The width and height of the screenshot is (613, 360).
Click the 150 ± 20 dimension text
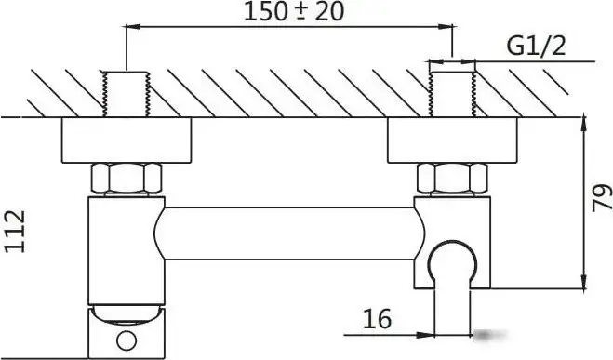click(294, 12)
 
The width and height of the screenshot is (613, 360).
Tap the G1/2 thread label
click(536, 47)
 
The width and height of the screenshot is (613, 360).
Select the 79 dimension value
click(602, 198)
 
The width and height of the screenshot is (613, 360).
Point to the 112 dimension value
click(15, 232)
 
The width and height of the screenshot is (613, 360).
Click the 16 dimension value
click(377, 319)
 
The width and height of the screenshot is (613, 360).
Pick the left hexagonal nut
click(127, 179)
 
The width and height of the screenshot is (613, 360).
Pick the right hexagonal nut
click(452, 179)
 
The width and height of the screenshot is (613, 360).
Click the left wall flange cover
click(127, 140)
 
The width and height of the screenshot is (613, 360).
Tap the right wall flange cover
click(452, 140)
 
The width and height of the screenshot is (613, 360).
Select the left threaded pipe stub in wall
click(126, 94)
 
